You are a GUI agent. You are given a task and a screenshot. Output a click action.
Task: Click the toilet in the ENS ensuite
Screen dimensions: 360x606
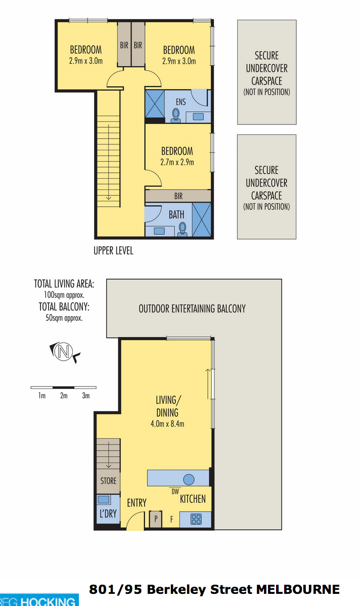tap(176, 115)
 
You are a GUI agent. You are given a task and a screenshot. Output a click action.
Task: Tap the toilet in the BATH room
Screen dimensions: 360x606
tap(183, 229)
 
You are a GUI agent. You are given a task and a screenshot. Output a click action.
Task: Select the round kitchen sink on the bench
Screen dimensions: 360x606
tap(189, 480)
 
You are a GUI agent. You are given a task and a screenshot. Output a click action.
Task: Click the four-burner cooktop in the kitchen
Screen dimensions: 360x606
tap(196, 519)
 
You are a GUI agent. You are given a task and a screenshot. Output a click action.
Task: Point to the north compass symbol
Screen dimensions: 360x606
tap(64, 352)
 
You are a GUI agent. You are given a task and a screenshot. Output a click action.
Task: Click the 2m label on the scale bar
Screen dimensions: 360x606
tap(64, 396)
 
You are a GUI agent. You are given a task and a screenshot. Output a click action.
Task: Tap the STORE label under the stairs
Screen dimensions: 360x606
tap(108, 481)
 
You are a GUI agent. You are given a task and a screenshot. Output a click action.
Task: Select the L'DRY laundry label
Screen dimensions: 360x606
tap(108, 513)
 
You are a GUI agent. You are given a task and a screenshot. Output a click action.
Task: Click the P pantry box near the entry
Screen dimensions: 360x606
tap(156, 518)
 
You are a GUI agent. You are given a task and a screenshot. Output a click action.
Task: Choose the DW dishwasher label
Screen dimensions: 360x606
tap(175, 492)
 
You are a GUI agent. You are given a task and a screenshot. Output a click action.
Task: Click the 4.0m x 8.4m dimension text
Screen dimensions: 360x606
tap(167, 423)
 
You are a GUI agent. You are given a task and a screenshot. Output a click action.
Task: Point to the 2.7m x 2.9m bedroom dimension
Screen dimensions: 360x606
tap(177, 162)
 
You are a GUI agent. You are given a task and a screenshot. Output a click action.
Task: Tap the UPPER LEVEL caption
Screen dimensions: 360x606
tap(114, 250)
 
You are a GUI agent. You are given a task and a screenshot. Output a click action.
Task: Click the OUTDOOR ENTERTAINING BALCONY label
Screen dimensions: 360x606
tap(192, 309)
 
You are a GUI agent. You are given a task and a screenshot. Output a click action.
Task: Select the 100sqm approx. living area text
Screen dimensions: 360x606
tap(64, 295)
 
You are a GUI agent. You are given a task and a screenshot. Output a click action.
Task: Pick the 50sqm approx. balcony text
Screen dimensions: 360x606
tap(64, 318)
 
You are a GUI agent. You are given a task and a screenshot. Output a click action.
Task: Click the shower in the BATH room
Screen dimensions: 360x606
tap(202, 219)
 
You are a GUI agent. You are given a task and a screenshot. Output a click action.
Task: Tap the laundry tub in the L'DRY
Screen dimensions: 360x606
tap(104, 499)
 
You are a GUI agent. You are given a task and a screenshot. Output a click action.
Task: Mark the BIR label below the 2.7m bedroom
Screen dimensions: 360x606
tap(178, 196)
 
